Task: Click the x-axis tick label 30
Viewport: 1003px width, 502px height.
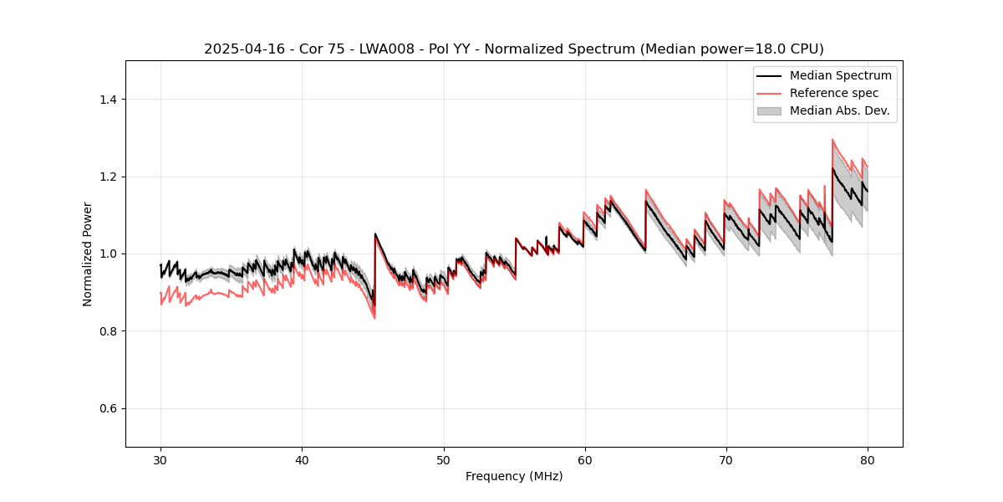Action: coord(160,459)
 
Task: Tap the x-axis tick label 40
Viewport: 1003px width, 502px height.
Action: coord(302,459)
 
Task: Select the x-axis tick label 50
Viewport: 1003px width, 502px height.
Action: coord(443,459)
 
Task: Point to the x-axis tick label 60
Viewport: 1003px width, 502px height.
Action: coord(584,459)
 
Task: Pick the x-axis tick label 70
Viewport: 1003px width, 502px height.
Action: coord(726,459)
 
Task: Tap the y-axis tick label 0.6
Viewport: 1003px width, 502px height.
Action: coord(107,408)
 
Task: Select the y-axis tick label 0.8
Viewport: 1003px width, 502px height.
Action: coord(107,331)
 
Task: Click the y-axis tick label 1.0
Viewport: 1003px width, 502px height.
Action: coord(107,254)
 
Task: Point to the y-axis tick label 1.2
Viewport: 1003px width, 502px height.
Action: coord(107,177)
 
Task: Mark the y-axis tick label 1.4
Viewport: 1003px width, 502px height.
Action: coord(107,100)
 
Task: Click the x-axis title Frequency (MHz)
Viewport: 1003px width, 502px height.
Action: coord(514,476)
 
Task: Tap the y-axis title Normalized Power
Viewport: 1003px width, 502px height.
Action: coord(88,254)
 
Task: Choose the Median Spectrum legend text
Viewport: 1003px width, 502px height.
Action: coord(840,75)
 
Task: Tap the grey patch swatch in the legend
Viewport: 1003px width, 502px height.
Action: coord(769,110)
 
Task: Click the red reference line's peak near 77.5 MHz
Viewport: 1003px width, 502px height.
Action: coord(832,140)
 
